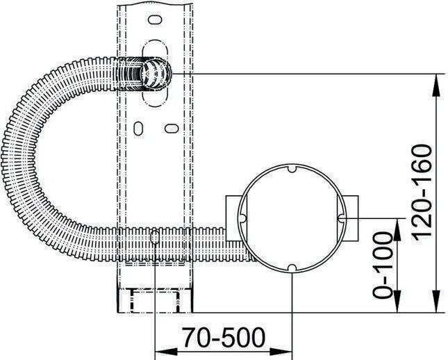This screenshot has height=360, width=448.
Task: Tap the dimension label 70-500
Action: click(224, 338)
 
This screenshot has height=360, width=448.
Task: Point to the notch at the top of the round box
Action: click(292, 169)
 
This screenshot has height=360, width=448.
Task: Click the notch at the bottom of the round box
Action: click(292, 267)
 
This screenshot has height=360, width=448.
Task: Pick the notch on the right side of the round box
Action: click(340, 218)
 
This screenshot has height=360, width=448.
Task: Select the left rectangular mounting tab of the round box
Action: click(234, 218)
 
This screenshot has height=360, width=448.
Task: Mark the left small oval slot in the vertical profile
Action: click(138, 129)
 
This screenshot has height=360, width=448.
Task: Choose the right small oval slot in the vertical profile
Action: click(169, 129)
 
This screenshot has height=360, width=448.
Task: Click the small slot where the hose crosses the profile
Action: click(154, 238)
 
